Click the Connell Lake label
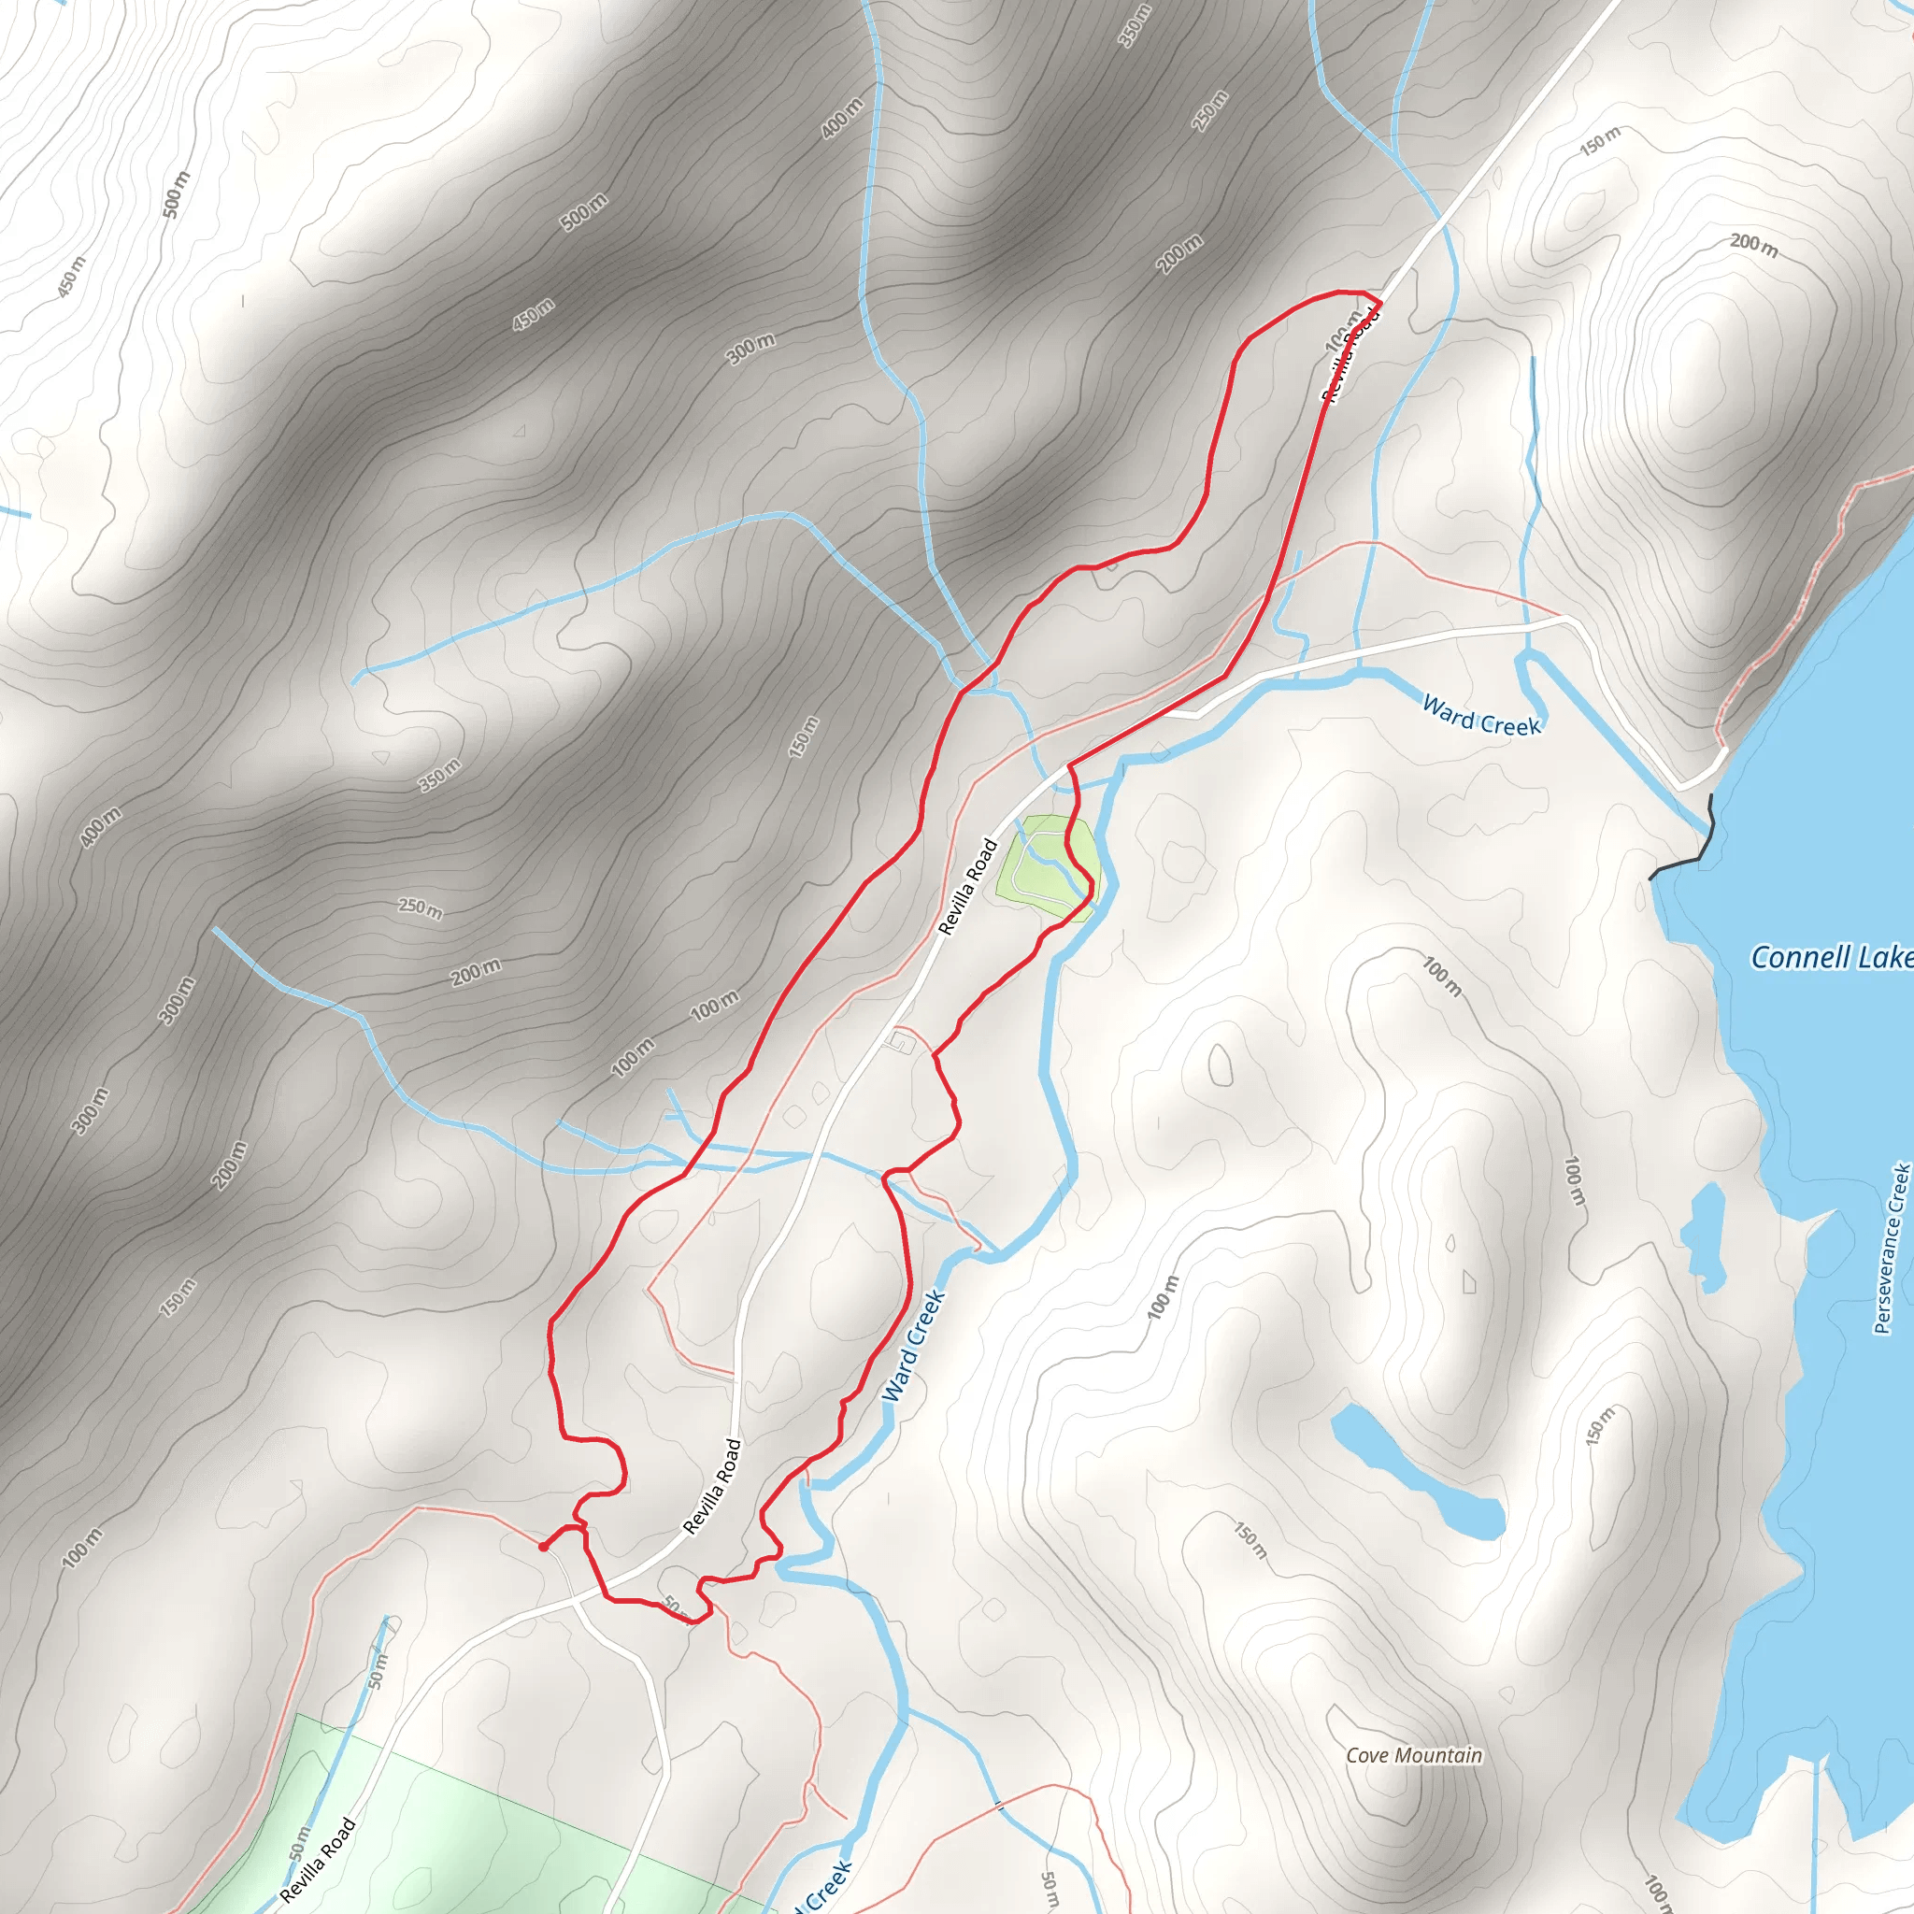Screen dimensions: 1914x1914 tap(1831, 957)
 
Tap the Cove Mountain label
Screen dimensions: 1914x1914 tap(1414, 1755)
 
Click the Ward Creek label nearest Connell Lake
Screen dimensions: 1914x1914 tap(1481, 716)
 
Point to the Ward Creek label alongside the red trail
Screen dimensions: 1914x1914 tap(913, 1347)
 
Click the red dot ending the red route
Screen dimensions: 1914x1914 tap(543, 1546)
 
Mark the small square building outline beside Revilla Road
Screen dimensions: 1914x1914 tap(901, 1041)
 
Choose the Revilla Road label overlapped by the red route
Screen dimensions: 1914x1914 tap(1350, 354)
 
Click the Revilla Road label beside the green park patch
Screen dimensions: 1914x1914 tap(968, 887)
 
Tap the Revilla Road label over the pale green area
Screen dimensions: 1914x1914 tap(317, 1861)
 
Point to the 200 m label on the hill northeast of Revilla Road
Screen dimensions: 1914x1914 tap(1752, 243)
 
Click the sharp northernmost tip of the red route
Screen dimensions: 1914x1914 tap(1379, 298)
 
